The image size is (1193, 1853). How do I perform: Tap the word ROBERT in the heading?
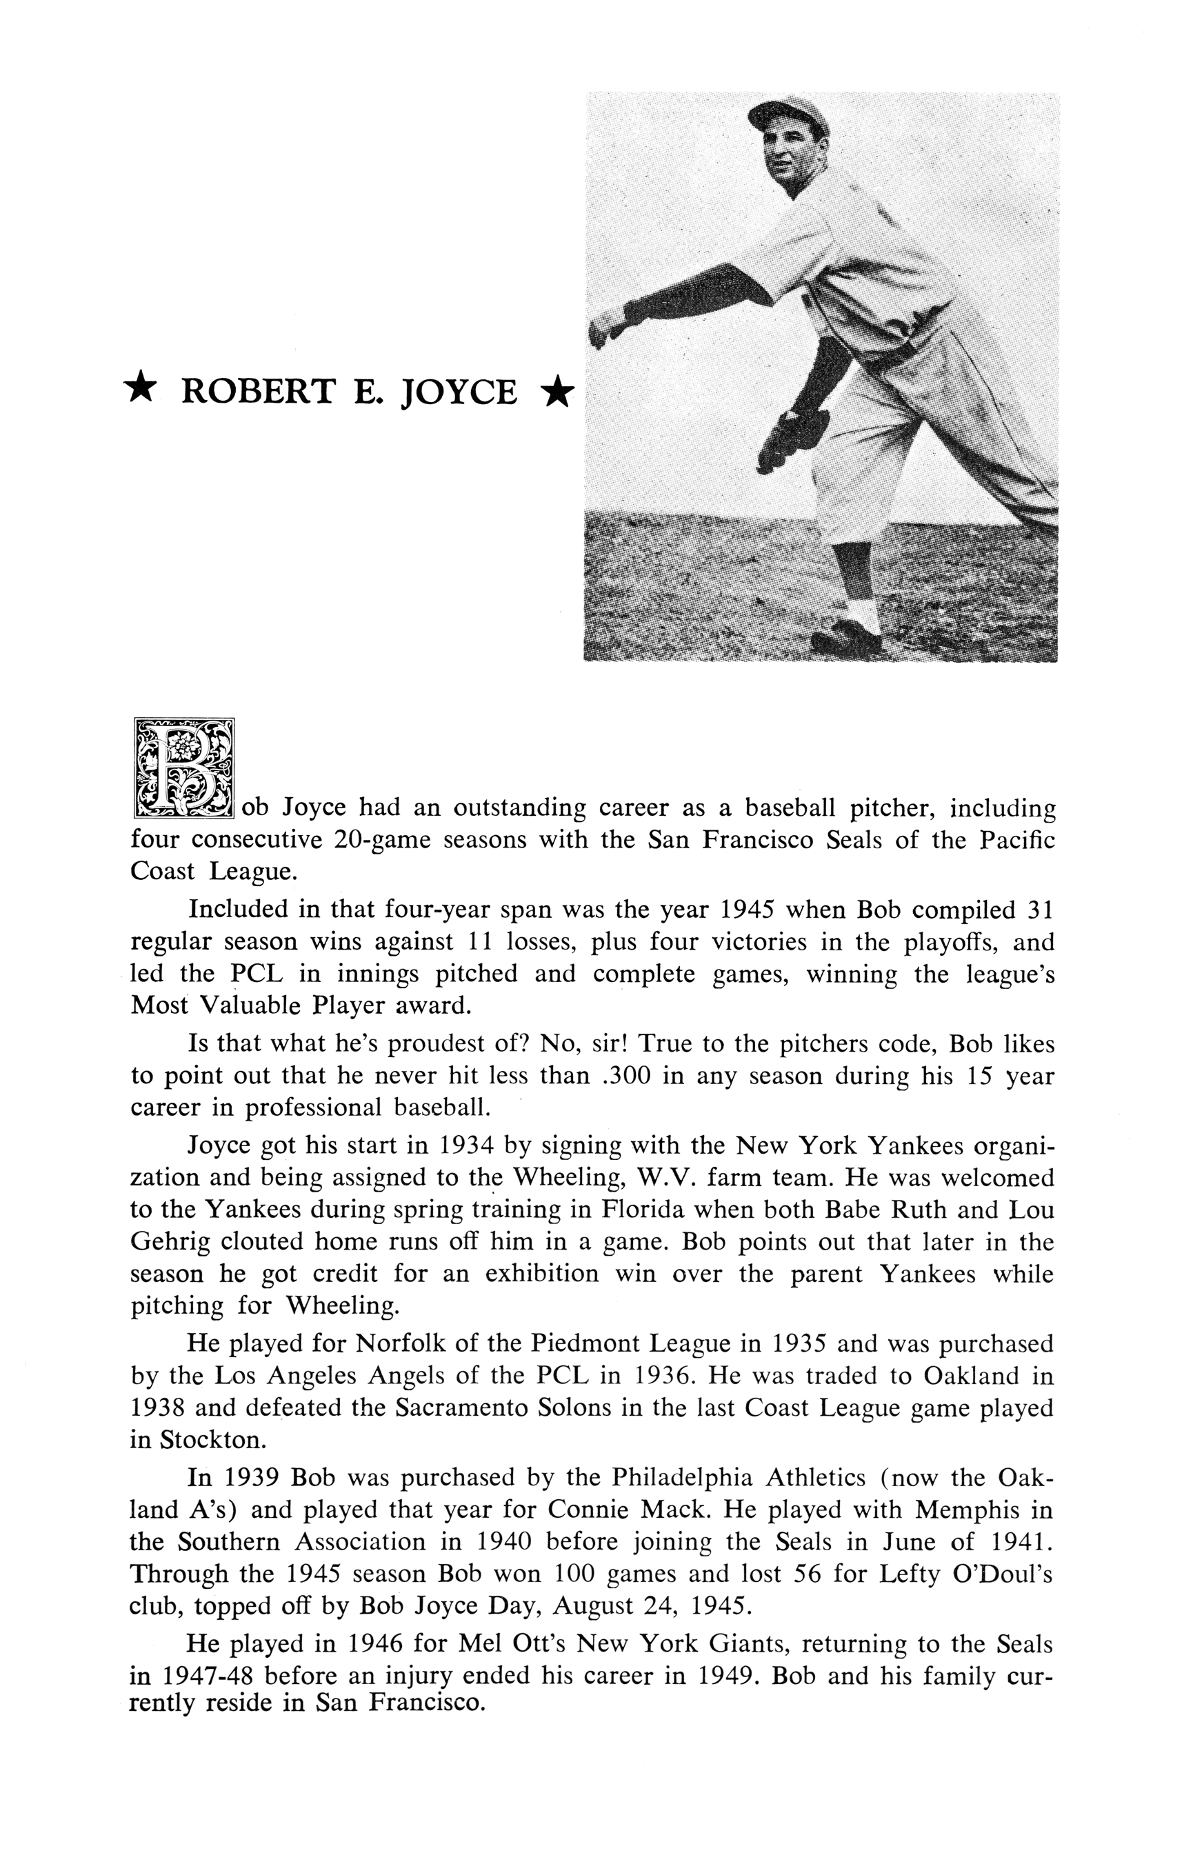click(x=257, y=391)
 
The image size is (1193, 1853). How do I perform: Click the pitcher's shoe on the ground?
click(x=846, y=641)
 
